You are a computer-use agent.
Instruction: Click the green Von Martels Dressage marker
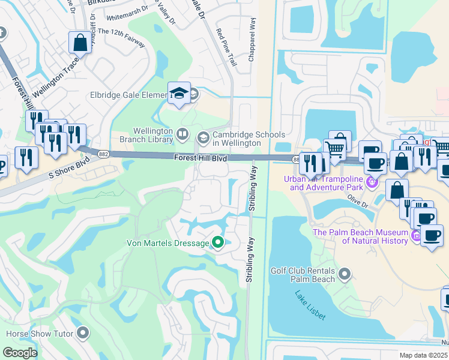pyautogui.click(x=218, y=243)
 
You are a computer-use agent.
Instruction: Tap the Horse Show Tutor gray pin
pyautogui.click(x=83, y=333)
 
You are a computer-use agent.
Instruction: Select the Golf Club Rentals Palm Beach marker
pyautogui.click(x=345, y=275)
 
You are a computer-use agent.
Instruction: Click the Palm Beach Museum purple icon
pyautogui.click(x=416, y=237)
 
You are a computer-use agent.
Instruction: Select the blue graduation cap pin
pyautogui.click(x=179, y=93)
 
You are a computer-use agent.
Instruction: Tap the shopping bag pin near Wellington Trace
pyautogui.click(x=80, y=43)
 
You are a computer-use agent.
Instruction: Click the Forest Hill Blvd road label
pyautogui.click(x=201, y=158)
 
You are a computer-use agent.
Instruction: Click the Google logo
pyautogui.click(x=20, y=353)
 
